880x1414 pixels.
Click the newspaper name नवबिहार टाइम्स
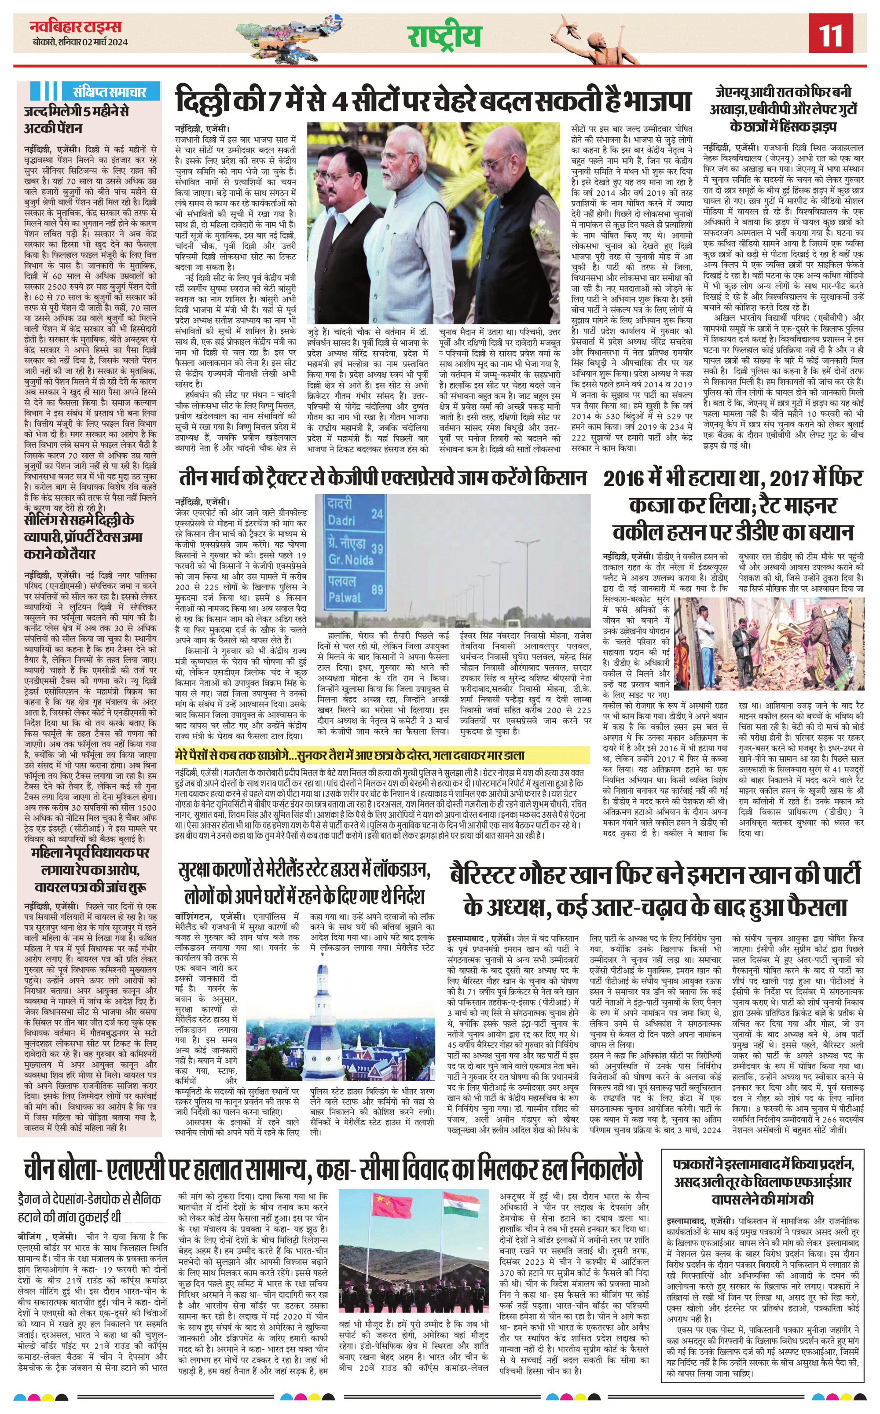[x=76, y=26]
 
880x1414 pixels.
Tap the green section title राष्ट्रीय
[x=444, y=36]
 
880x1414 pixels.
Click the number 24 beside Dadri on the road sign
[x=377, y=514]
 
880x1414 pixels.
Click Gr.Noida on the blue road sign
[x=350, y=560]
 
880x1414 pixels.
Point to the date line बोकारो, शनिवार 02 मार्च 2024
[x=80, y=42]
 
